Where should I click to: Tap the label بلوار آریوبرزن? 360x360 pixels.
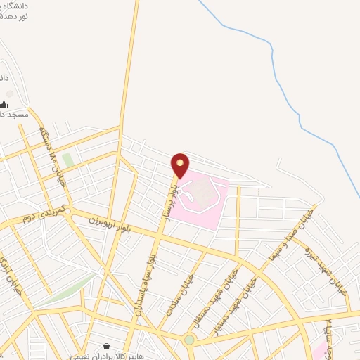click(x=106, y=224)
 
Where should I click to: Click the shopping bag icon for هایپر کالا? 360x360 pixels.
click(x=105, y=347)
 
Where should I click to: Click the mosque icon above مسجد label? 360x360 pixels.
click(x=9, y=93)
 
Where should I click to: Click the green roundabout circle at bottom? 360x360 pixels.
click(x=189, y=340)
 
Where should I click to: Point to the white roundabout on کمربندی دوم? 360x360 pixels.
click(x=67, y=210)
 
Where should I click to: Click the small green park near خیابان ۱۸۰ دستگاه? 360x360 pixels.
click(x=68, y=160)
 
